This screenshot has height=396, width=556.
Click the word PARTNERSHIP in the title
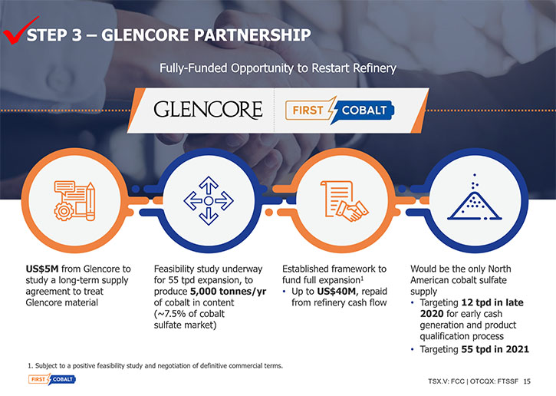pos(252,35)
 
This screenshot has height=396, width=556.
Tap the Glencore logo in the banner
pos(208,109)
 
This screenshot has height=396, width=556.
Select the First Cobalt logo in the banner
pos(340,110)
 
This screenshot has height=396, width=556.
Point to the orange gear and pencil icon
pos(74,201)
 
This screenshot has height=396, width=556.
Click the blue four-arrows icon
pos(209,201)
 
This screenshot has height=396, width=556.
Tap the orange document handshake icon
pos(344,201)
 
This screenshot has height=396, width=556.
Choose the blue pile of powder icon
pos(475,198)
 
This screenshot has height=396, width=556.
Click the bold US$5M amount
pos(42,269)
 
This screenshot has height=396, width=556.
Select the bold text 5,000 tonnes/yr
pos(228,292)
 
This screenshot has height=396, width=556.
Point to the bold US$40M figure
pos(336,292)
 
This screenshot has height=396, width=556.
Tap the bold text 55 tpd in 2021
pos(495,349)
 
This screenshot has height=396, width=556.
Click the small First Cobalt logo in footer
pos(52,379)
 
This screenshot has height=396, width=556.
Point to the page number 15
pos(528,381)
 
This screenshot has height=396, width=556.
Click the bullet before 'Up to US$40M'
pos(285,292)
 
